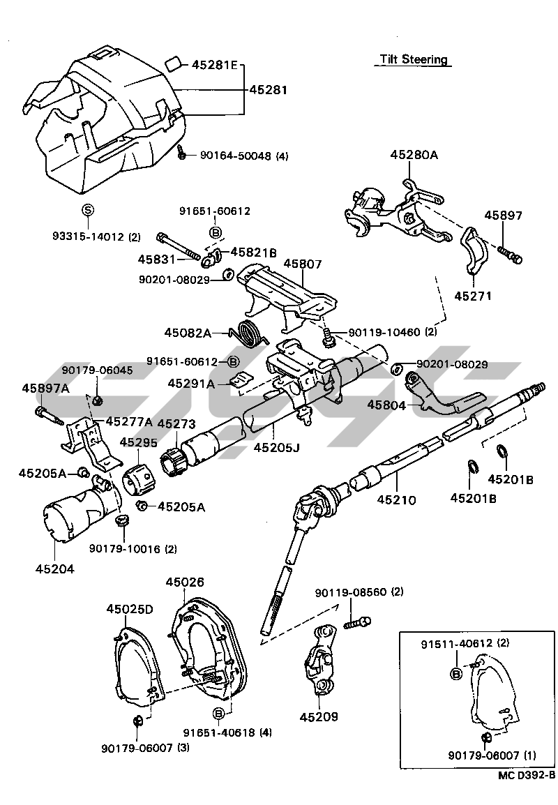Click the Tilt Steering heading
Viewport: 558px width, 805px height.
[414, 59]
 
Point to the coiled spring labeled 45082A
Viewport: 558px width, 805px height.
[249, 331]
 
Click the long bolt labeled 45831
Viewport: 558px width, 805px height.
[181, 246]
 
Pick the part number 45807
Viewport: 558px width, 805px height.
[302, 265]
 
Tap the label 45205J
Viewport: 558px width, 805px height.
[276, 446]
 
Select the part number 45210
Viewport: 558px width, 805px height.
[396, 500]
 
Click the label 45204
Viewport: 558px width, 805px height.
[55, 569]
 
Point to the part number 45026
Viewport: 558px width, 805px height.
[185, 581]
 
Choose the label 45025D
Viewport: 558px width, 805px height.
[130, 609]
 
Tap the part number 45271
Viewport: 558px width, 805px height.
[474, 296]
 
